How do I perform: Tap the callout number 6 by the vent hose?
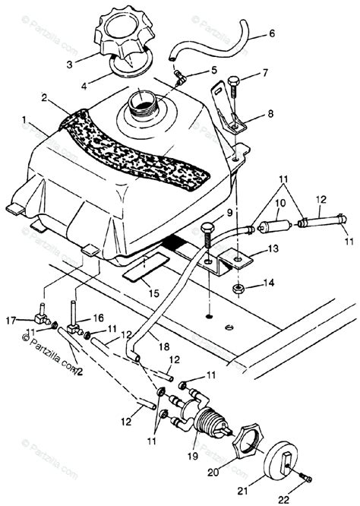[272, 35]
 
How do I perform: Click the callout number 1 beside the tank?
[28, 119]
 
